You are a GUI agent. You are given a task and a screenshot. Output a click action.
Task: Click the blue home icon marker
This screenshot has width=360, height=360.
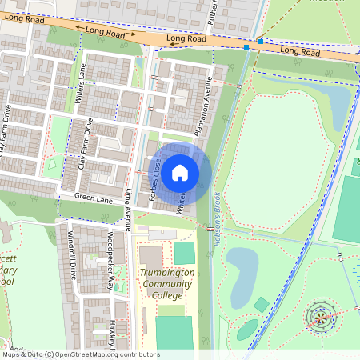click(180, 172)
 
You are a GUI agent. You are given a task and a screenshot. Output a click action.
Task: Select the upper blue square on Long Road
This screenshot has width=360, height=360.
click(261, 41)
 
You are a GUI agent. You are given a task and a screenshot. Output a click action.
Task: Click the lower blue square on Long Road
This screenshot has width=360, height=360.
click(246, 47)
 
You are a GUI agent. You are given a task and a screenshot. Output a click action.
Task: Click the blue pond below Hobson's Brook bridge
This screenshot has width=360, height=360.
click(242, 264)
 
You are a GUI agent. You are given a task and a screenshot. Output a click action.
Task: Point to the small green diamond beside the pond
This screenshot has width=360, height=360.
click(262, 305)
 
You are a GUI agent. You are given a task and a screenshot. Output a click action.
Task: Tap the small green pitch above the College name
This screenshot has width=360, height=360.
click(184, 254)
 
